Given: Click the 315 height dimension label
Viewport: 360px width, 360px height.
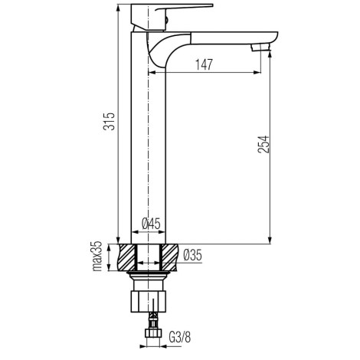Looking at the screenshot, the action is click(109, 121).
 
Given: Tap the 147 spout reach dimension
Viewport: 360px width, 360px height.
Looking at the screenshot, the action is click(204, 64).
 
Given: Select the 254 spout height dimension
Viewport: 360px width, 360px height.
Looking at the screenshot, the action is click(263, 144).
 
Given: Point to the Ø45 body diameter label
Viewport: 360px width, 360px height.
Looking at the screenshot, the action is click(151, 224).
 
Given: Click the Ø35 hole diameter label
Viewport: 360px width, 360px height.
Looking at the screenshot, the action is click(193, 255).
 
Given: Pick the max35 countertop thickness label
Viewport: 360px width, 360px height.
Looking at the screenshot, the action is click(97, 256).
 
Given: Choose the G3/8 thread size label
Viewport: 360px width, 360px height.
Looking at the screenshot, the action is click(180, 337).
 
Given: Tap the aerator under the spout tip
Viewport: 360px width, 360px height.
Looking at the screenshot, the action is click(260, 47).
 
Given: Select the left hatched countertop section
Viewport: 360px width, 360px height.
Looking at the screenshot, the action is click(126, 257).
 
